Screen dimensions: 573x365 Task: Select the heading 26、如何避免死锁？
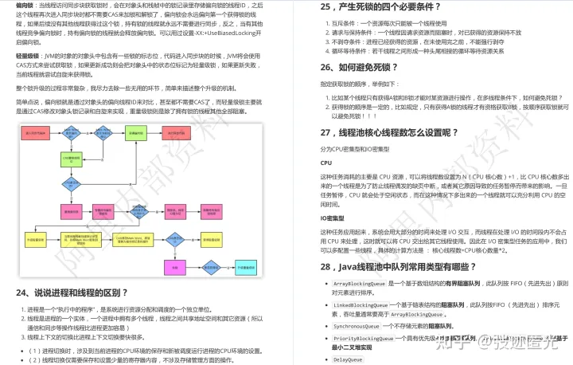[x=375, y=67]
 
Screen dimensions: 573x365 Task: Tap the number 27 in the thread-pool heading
[x=327, y=132]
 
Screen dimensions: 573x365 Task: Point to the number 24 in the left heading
[x=23, y=292]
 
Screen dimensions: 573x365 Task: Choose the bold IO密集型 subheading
[x=333, y=217]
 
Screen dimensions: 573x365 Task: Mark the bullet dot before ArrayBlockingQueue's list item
[x=328, y=284]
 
